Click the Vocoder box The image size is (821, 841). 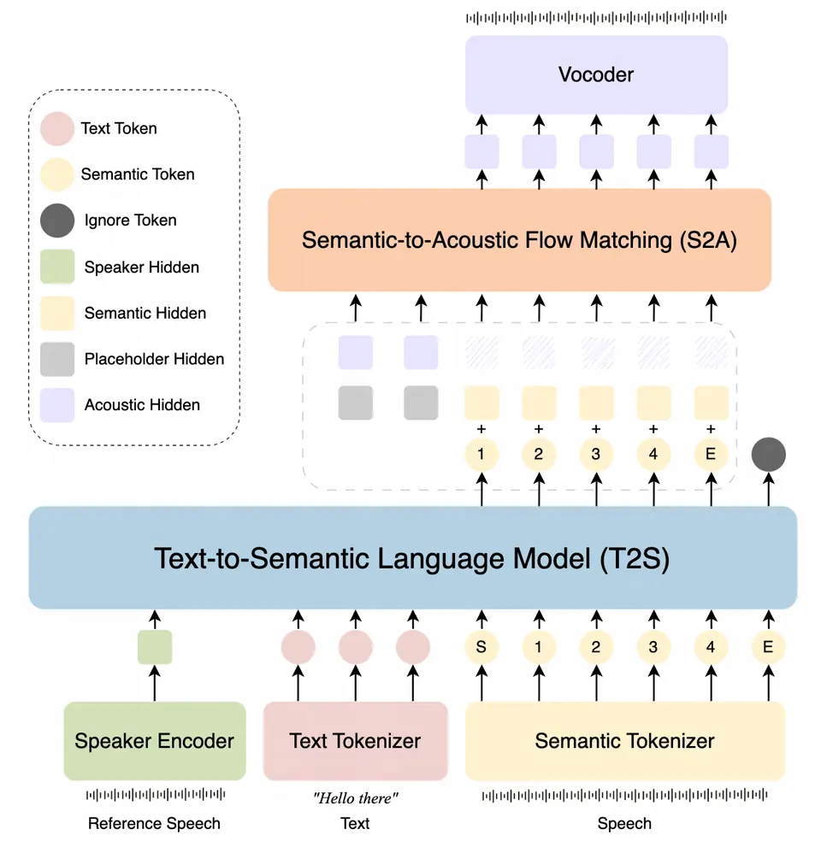pos(596,74)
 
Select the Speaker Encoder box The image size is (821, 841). pos(155,741)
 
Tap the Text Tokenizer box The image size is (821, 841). pos(355,741)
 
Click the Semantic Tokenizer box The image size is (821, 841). pos(624,741)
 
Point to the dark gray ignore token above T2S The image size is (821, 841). pos(769,455)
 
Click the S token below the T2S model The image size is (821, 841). pos(481,647)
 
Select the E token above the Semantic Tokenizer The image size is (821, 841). pos(769,647)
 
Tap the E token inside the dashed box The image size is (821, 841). pos(711,455)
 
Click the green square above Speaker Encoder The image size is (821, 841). pos(155,647)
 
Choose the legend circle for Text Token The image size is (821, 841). pos(57,129)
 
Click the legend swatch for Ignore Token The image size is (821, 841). pos(57,221)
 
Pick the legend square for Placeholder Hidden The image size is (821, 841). pos(57,359)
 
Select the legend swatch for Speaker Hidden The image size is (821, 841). pos(57,267)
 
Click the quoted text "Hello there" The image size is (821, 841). pos(355,798)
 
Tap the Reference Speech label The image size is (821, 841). pos(154,823)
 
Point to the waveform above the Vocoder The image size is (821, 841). pos(596,18)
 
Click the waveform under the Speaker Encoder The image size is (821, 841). pos(155,794)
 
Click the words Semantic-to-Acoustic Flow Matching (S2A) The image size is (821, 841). pos(519,240)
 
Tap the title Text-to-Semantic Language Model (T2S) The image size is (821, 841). pos(412,558)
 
